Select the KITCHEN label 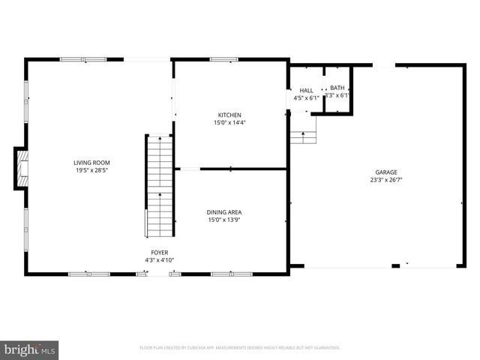tap(229, 115)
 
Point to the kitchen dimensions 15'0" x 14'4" tap(229, 122)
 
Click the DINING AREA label tap(224, 212)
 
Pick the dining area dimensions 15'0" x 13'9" tap(224, 220)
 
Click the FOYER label tap(159, 253)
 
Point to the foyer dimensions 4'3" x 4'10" tap(159, 260)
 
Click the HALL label tap(306, 90)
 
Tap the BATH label tap(337, 88)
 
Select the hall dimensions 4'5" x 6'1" tap(306, 97)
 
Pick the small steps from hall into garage tap(303, 136)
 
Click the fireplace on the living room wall tap(22, 168)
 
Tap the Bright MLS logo tap(30, 349)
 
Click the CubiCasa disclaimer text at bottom tap(240, 348)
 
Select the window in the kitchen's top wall tap(223, 59)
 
